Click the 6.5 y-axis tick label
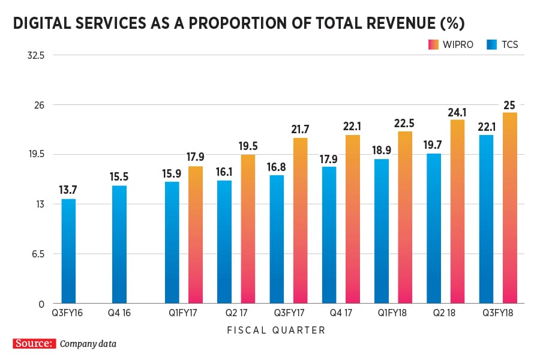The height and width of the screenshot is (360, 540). pos(37,254)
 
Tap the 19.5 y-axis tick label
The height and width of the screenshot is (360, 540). pos(37,154)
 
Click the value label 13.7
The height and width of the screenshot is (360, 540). pos(68,190)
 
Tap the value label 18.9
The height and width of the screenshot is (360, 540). pos(382,150)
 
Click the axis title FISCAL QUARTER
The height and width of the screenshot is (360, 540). pos(276,330)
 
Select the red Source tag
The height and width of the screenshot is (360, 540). pos(35,344)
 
